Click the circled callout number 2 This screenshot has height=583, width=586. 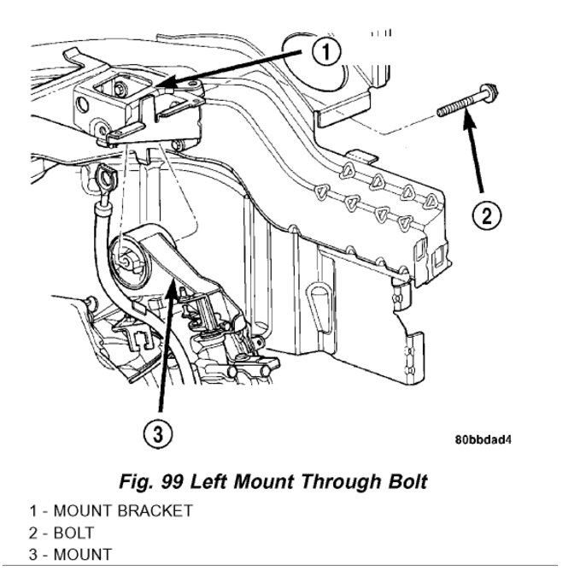tap(486, 215)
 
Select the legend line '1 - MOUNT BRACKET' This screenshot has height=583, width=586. tap(107, 511)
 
